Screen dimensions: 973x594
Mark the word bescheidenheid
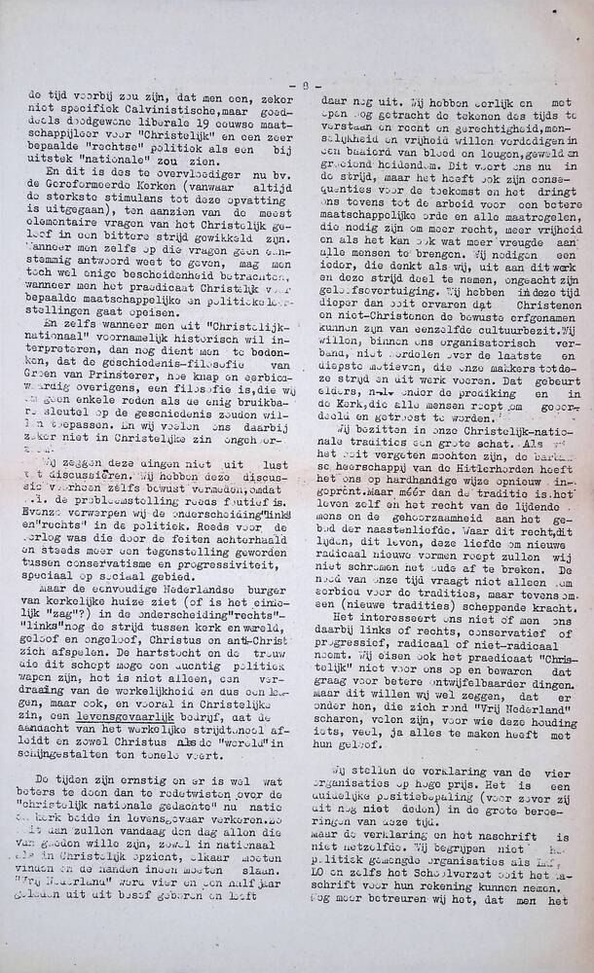pos(160,278)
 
